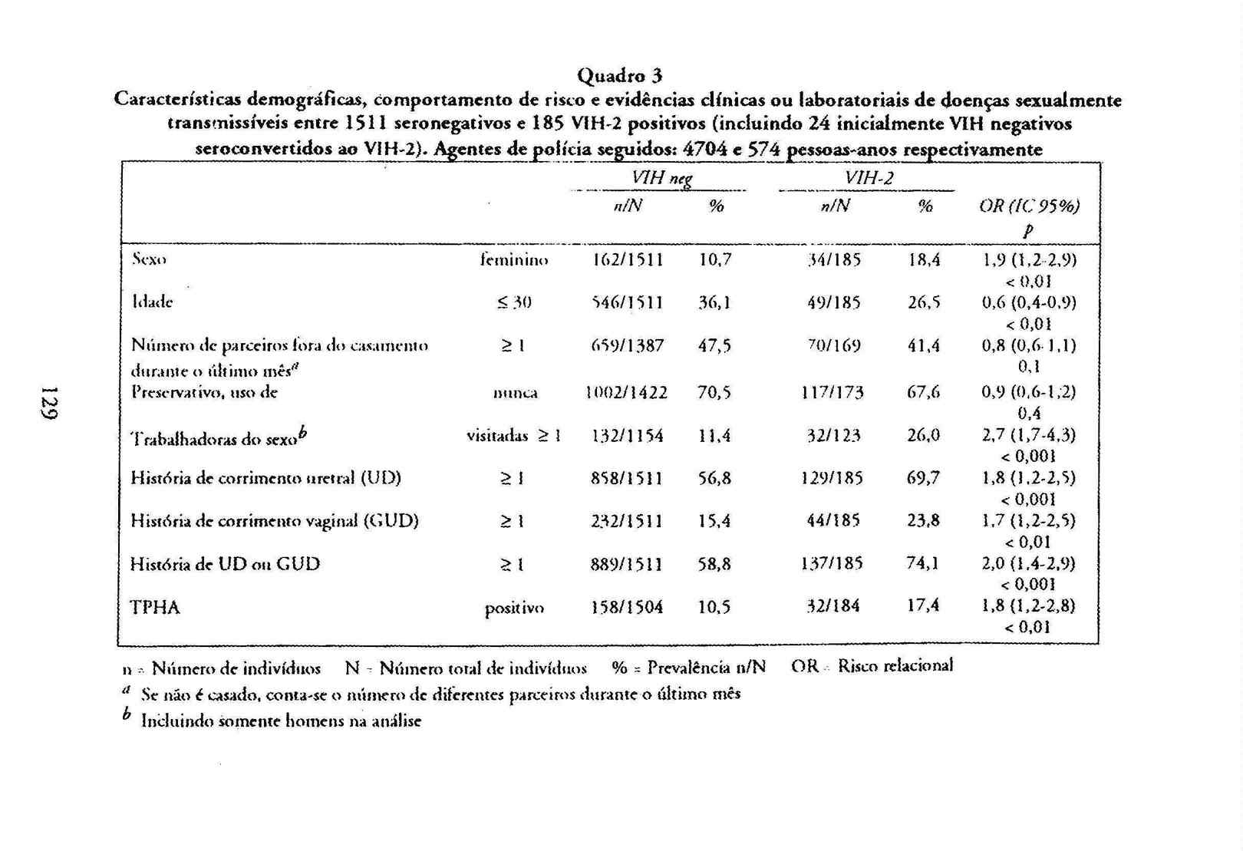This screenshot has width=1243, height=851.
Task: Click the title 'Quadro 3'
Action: coord(619,75)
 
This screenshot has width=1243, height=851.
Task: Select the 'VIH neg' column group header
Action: coord(661,178)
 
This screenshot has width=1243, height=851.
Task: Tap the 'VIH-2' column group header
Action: coord(869,178)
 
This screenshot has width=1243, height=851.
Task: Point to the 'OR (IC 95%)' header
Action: coord(1029,206)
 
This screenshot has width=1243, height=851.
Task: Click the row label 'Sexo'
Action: coord(149,259)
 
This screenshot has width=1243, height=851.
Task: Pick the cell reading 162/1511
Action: coord(628,259)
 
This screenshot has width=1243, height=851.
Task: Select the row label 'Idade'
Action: coord(152,302)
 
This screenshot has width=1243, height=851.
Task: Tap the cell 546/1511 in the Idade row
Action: coord(628,302)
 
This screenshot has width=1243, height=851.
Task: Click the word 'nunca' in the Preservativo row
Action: coord(515,393)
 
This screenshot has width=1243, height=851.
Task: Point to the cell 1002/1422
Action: coord(626,393)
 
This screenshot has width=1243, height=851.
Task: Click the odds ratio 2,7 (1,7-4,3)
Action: coord(1028,435)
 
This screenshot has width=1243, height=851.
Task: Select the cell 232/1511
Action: coord(626,521)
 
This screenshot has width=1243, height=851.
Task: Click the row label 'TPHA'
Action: coord(155,608)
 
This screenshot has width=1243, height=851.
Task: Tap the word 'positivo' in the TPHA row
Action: coord(514,608)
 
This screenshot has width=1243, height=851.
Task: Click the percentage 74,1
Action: coord(922,563)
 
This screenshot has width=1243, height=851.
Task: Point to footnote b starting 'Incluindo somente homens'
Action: coord(280,721)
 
